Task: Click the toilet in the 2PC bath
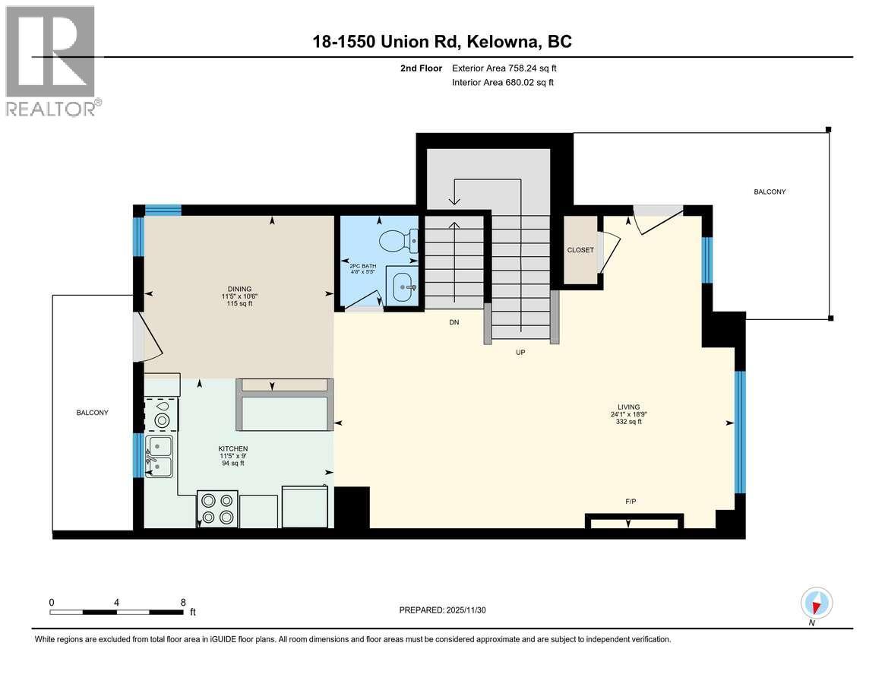pyautogui.click(x=398, y=241)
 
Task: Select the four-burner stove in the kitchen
pyautogui.click(x=217, y=508)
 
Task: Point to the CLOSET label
pyautogui.click(x=580, y=250)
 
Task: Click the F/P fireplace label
pyautogui.click(x=631, y=501)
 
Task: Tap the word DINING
pyautogui.click(x=236, y=288)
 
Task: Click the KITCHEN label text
pyautogui.click(x=232, y=448)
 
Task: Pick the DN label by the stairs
pyautogui.click(x=454, y=322)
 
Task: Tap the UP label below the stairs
pyautogui.click(x=520, y=353)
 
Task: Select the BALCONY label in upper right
pyautogui.click(x=769, y=192)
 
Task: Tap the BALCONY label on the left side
pyautogui.click(x=92, y=413)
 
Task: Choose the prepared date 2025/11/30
pyautogui.click(x=466, y=610)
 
